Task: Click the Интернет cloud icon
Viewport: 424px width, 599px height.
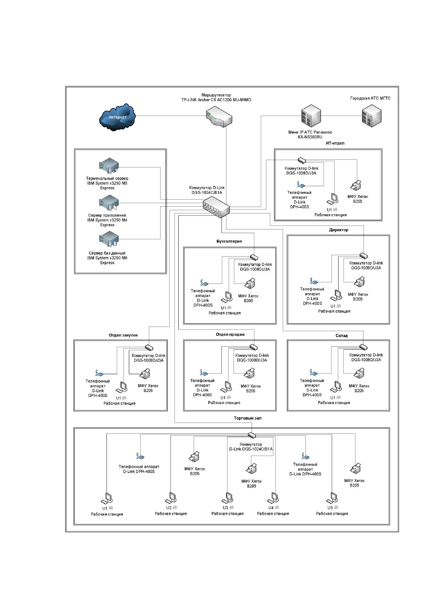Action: [x=117, y=117]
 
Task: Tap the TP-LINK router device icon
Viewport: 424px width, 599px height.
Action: [x=219, y=117]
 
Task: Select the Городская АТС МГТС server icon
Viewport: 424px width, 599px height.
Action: [x=372, y=116]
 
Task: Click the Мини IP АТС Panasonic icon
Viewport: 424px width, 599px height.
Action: [x=311, y=116]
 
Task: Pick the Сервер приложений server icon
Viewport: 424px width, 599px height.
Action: [x=109, y=203]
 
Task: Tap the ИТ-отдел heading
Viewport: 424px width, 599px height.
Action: [x=335, y=143]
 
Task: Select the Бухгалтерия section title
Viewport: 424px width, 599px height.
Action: [x=229, y=241]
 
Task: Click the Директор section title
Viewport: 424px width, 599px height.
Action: [x=339, y=230]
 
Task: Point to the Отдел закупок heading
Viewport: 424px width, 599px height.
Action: [x=123, y=335]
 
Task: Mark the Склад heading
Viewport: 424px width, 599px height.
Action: [x=341, y=335]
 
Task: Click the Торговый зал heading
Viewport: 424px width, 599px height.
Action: [x=248, y=418]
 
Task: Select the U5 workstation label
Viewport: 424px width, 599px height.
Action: [x=330, y=508]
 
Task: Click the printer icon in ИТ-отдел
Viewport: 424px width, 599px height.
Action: [x=356, y=185]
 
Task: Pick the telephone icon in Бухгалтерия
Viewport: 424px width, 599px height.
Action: [x=204, y=283]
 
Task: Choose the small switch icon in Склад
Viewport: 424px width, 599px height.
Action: [x=363, y=347]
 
